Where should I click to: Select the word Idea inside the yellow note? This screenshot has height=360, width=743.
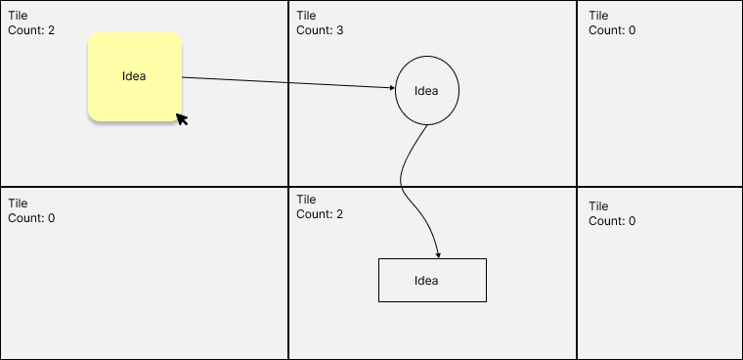[x=135, y=76]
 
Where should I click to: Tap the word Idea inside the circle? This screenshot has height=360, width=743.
[x=426, y=91]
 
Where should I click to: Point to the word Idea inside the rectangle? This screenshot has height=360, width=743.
[x=426, y=281]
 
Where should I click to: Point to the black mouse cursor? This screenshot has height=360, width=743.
[x=181, y=119]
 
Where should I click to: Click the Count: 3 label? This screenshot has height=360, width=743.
[x=320, y=30]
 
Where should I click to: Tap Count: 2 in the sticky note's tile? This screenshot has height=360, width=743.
[x=31, y=30]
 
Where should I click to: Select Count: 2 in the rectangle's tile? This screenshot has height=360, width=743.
[x=320, y=214]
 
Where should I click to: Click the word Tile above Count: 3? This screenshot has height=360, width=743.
[x=306, y=16]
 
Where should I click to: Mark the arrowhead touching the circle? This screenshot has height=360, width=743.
[x=391, y=89]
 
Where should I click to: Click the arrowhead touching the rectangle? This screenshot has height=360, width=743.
[x=438, y=254]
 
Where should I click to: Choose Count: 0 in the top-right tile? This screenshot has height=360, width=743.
[x=612, y=30]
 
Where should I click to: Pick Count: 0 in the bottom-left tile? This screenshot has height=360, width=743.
[x=31, y=217]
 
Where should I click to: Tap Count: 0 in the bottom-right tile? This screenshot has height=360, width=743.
[x=612, y=221]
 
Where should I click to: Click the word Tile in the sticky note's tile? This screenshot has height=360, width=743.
[x=18, y=16]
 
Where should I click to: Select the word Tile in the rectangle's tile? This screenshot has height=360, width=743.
[x=306, y=200]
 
